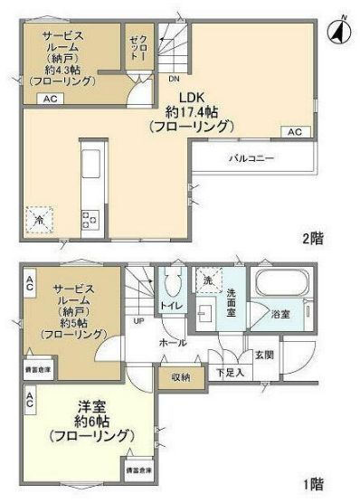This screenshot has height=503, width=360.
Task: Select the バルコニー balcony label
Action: [x=251, y=158]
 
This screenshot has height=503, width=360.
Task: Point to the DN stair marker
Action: [x=173, y=78]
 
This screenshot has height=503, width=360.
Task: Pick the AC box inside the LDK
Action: [x=295, y=132]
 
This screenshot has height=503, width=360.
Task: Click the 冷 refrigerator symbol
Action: [x=39, y=219]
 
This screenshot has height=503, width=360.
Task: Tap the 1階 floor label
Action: [x=311, y=484]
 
